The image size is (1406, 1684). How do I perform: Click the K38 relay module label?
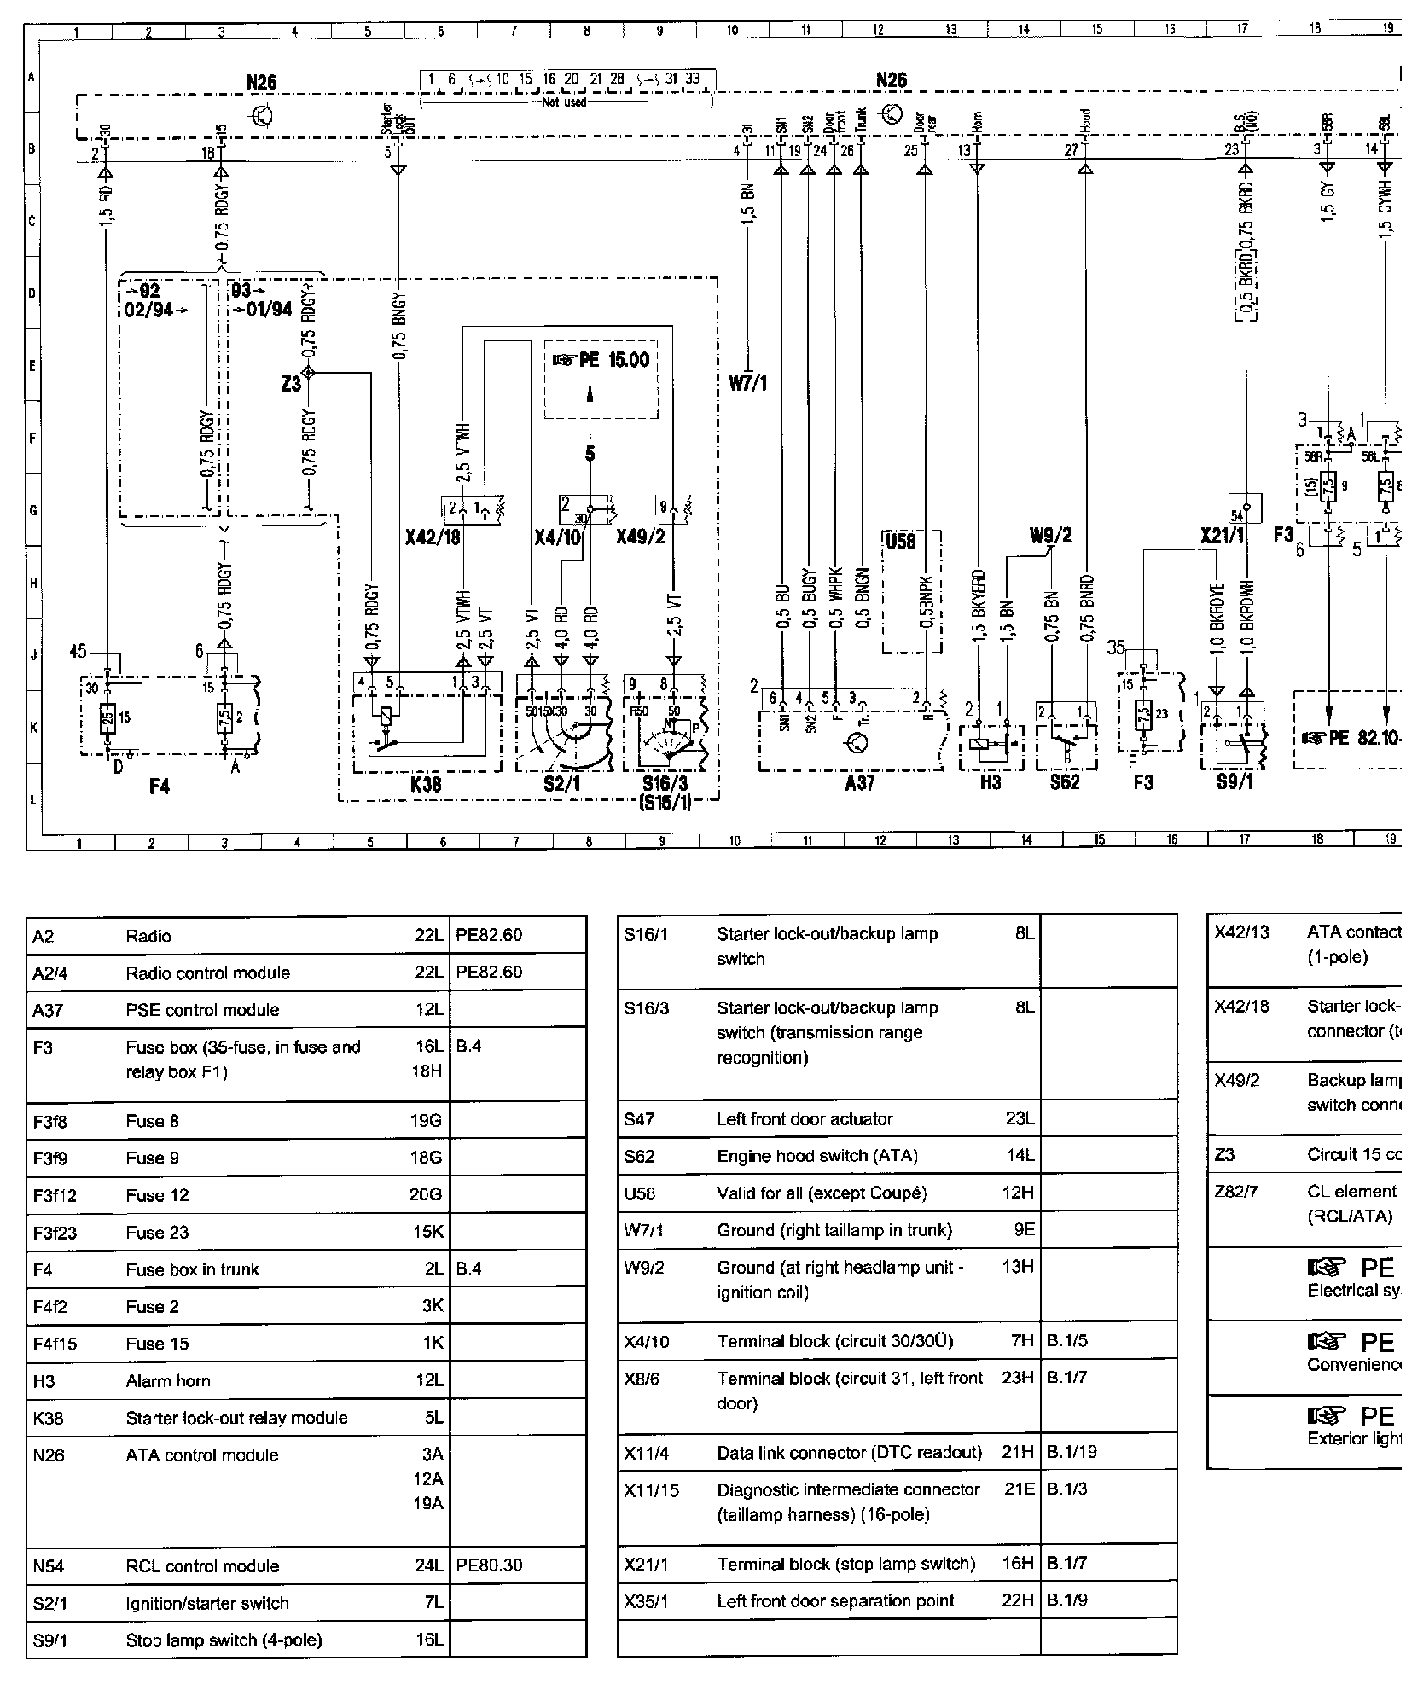[426, 783]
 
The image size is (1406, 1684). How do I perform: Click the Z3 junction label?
[291, 384]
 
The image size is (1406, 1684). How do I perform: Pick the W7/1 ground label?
[747, 383]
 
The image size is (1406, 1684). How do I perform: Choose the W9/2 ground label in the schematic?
[1050, 536]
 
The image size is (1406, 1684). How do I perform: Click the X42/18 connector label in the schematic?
[434, 537]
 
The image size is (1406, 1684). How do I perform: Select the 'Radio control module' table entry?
[207, 973]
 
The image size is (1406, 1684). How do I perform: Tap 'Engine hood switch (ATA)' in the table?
[816, 1156]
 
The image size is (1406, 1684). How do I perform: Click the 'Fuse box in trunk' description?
[192, 1269]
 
